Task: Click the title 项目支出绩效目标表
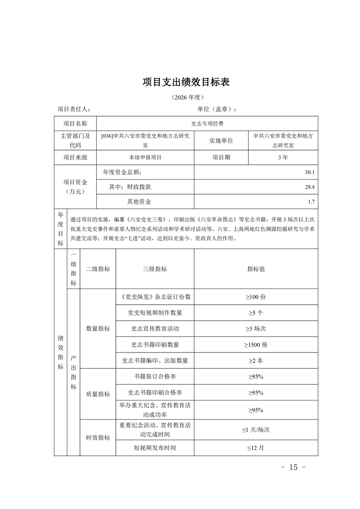pyautogui.click(x=187, y=82)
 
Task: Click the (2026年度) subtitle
pyautogui.click(x=187, y=98)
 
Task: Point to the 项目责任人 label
pyautogui.click(x=74, y=109)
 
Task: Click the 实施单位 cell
pyautogui.click(x=221, y=141)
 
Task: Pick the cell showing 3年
pyautogui.click(x=283, y=157)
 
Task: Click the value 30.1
pyautogui.click(x=310, y=172)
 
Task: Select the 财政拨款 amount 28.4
pyautogui.click(x=310, y=187)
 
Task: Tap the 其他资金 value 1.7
pyautogui.click(x=311, y=202)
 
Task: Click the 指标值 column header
pyautogui.click(x=256, y=269)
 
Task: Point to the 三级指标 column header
pyautogui.click(x=155, y=269)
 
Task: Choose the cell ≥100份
pyautogui.click(x=256, y=297)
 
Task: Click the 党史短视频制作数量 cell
pyautogui.click(x=155, y=313)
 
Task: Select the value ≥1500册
pyautogui.click(x=256, y=345)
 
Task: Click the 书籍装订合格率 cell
pyautogui.click(x=155, y=377)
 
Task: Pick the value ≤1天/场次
pyautogui.click(x=256, y=429)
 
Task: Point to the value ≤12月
pyautogui.click(x=256, y=448)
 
